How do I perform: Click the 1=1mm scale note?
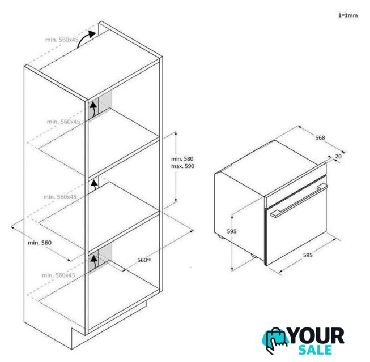(348, 15)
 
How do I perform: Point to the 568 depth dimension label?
(320, 137)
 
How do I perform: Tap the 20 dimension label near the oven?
(338, 156)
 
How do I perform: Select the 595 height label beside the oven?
(232, 231)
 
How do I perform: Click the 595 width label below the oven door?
(308, 255)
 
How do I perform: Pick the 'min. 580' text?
(182, 159)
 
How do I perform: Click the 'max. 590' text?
(182, 166)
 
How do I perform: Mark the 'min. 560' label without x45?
(40, 243)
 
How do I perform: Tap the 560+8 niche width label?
(144, 260)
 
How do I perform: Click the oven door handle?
(299, 200)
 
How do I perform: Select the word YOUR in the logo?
(316, 336)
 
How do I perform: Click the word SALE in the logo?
(315, 350)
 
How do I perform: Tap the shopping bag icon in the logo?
(275, 340)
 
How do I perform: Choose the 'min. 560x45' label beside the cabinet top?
(62, 40)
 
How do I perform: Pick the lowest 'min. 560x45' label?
(58, 275)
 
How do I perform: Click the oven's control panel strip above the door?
(295, 186)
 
